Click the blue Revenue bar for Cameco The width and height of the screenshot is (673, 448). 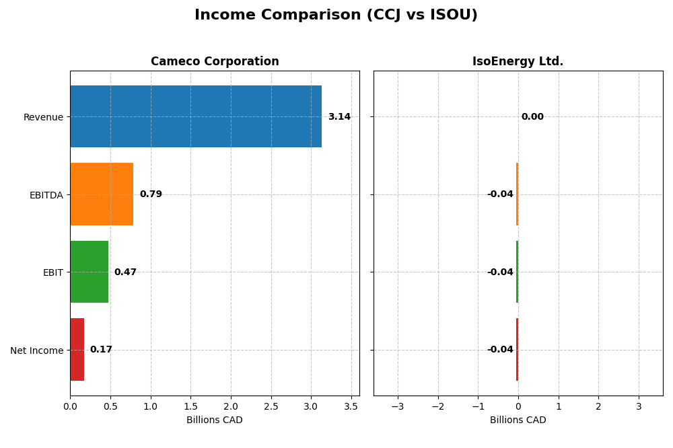[196, 116]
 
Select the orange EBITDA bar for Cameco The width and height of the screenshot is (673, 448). [102, 194]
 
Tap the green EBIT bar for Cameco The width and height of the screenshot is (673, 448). [89, 272]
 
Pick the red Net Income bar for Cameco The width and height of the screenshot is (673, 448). [77, 350]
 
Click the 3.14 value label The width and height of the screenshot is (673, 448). [339, 117]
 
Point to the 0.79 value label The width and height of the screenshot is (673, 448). [151, 194]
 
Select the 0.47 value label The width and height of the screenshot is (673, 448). [125, 272]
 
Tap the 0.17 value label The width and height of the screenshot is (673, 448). [101, 350]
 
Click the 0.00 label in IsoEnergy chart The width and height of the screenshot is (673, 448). [532, 117]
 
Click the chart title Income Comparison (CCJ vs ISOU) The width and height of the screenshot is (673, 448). [336, 15]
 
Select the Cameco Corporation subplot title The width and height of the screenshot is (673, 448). [215, 62]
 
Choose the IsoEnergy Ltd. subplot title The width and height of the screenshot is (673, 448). [518, 62]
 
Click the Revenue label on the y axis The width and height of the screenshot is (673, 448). [43, 117]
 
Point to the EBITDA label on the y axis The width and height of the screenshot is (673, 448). [46, 195]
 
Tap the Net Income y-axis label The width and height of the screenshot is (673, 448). [36, 350]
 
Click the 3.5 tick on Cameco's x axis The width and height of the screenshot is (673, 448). [351, 406]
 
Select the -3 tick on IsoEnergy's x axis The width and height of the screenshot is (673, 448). [398, 406]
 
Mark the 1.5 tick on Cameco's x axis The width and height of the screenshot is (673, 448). [190, 406]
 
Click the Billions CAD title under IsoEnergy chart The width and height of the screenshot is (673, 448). [518, 420]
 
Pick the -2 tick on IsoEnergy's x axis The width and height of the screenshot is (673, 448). [437, 406]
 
